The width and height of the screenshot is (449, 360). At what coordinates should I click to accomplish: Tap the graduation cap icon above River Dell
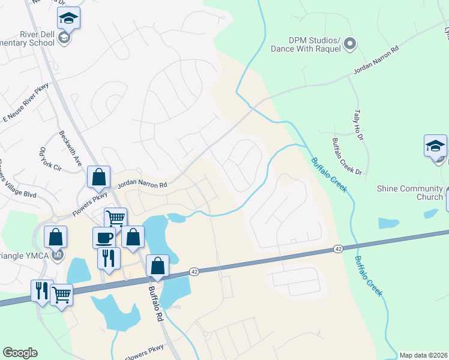[69, 18]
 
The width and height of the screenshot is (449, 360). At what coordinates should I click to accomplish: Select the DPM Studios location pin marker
[351, 44]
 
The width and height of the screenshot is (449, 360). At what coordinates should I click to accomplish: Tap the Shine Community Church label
[409, 193]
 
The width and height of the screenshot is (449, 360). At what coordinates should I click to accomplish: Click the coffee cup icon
[104, 237]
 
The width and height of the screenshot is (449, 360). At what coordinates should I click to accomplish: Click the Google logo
[20, 353]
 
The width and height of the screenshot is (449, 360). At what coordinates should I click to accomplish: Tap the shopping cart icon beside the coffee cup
[115, 218]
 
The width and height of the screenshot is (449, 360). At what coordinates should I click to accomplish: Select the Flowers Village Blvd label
[17, 179]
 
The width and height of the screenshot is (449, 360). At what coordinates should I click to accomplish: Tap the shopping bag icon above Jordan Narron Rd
[98, 176]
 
